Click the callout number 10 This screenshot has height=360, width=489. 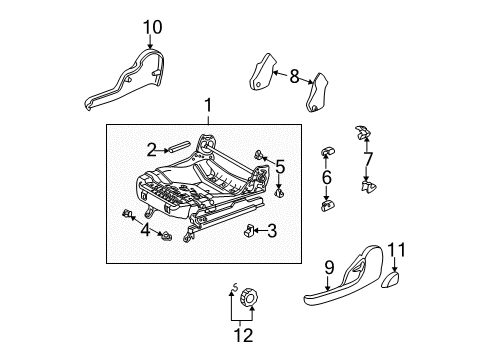tap(151, 26)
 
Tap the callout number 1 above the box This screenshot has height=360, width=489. tap(207, 105)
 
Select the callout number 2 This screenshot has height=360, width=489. tap(152, 150)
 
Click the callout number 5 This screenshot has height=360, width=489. tap(280, 166)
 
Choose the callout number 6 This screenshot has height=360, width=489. tap(326, 177)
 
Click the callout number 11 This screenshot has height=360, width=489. tap(396, 251)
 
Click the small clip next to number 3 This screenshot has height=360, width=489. tap(247, 232)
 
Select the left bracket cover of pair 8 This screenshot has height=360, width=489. tap(261, 73)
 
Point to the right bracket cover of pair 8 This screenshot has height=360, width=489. tap(320, 90)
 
